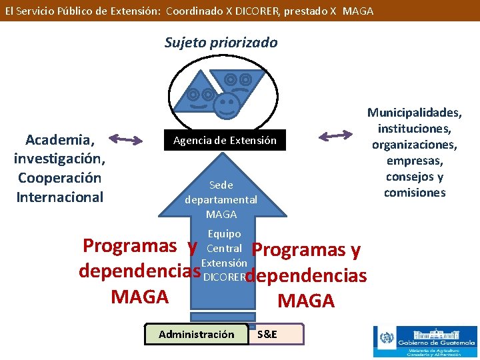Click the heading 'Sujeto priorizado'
point(221,43)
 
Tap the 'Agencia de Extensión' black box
point(225,141)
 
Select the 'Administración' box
point(196,334)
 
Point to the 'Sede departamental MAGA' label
point(221,199)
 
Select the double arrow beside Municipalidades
point(335,136)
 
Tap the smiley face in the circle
point(227,104)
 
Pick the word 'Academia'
point(59,140)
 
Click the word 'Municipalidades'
point(414,113)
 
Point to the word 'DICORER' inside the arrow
point(223,276)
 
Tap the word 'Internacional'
point(59,197)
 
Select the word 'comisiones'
point(414,193)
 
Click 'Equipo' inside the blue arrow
point(224,234)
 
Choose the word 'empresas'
point(414,161)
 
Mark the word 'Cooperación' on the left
point(59,178)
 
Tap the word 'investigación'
point(59,159)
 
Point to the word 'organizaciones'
point(414,145)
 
